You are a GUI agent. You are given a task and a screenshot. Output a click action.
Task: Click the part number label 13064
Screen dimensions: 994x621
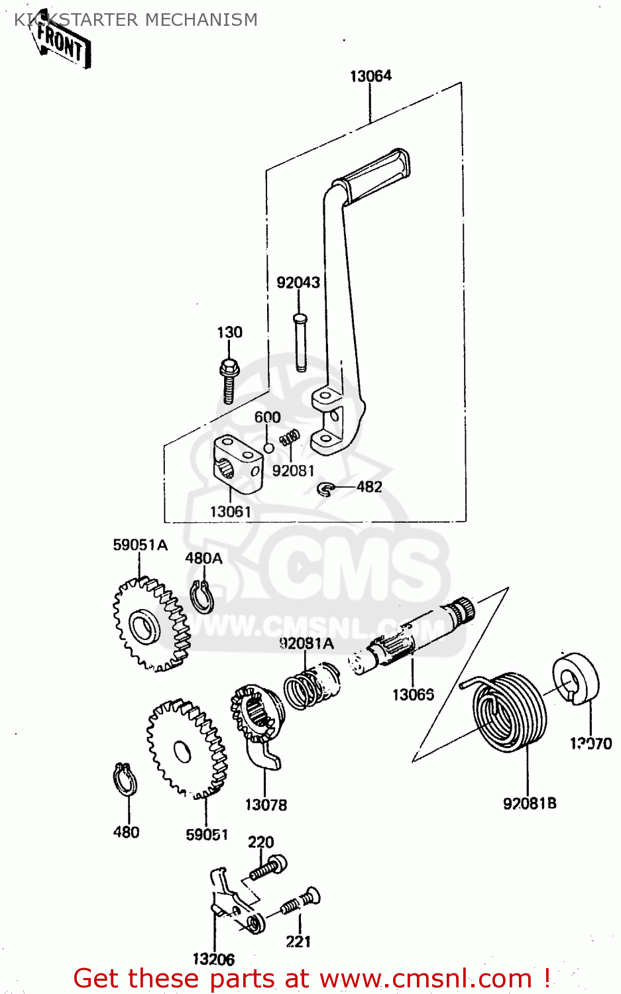(370, 76)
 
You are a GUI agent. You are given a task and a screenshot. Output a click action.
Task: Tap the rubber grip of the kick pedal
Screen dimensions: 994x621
(372, 174)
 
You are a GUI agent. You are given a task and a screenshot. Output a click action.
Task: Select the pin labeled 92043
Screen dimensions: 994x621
(300, 342)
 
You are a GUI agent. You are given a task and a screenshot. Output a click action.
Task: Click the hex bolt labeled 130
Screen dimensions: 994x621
(228, 381)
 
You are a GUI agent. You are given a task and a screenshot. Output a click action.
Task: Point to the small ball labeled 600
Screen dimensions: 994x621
(268, 448)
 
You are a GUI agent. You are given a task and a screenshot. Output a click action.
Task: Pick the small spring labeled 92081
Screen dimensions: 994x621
(289, 438)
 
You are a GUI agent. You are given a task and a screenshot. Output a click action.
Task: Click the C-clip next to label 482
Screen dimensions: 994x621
(325, 489)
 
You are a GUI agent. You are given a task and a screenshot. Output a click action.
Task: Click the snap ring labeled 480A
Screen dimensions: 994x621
(201, 596)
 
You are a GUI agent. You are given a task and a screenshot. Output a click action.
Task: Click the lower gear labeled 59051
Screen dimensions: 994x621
(186, 749)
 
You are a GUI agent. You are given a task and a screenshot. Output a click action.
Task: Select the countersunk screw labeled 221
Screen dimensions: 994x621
(300, 901)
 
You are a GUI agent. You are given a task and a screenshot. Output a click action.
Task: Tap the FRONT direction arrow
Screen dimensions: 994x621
(61, 43)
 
